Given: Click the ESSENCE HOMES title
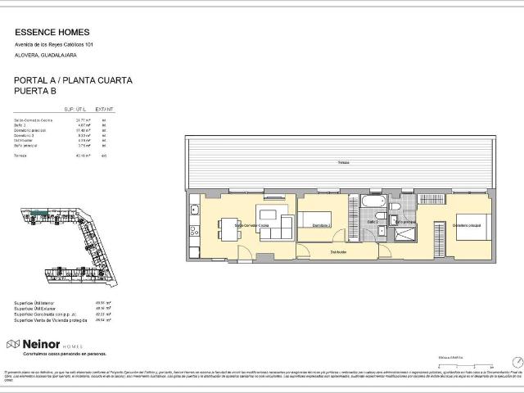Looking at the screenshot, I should coord(51,33).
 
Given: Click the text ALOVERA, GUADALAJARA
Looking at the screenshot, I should coord(45,55).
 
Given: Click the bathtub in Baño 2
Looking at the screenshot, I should coord(373,202).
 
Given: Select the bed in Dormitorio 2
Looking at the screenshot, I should coord(315,219).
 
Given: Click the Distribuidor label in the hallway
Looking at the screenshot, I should coord(339,252).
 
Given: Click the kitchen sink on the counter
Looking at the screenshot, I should coord(194,212).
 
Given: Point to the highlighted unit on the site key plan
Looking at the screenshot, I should coord(37,215).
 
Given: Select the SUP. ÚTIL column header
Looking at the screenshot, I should coord(75,108).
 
